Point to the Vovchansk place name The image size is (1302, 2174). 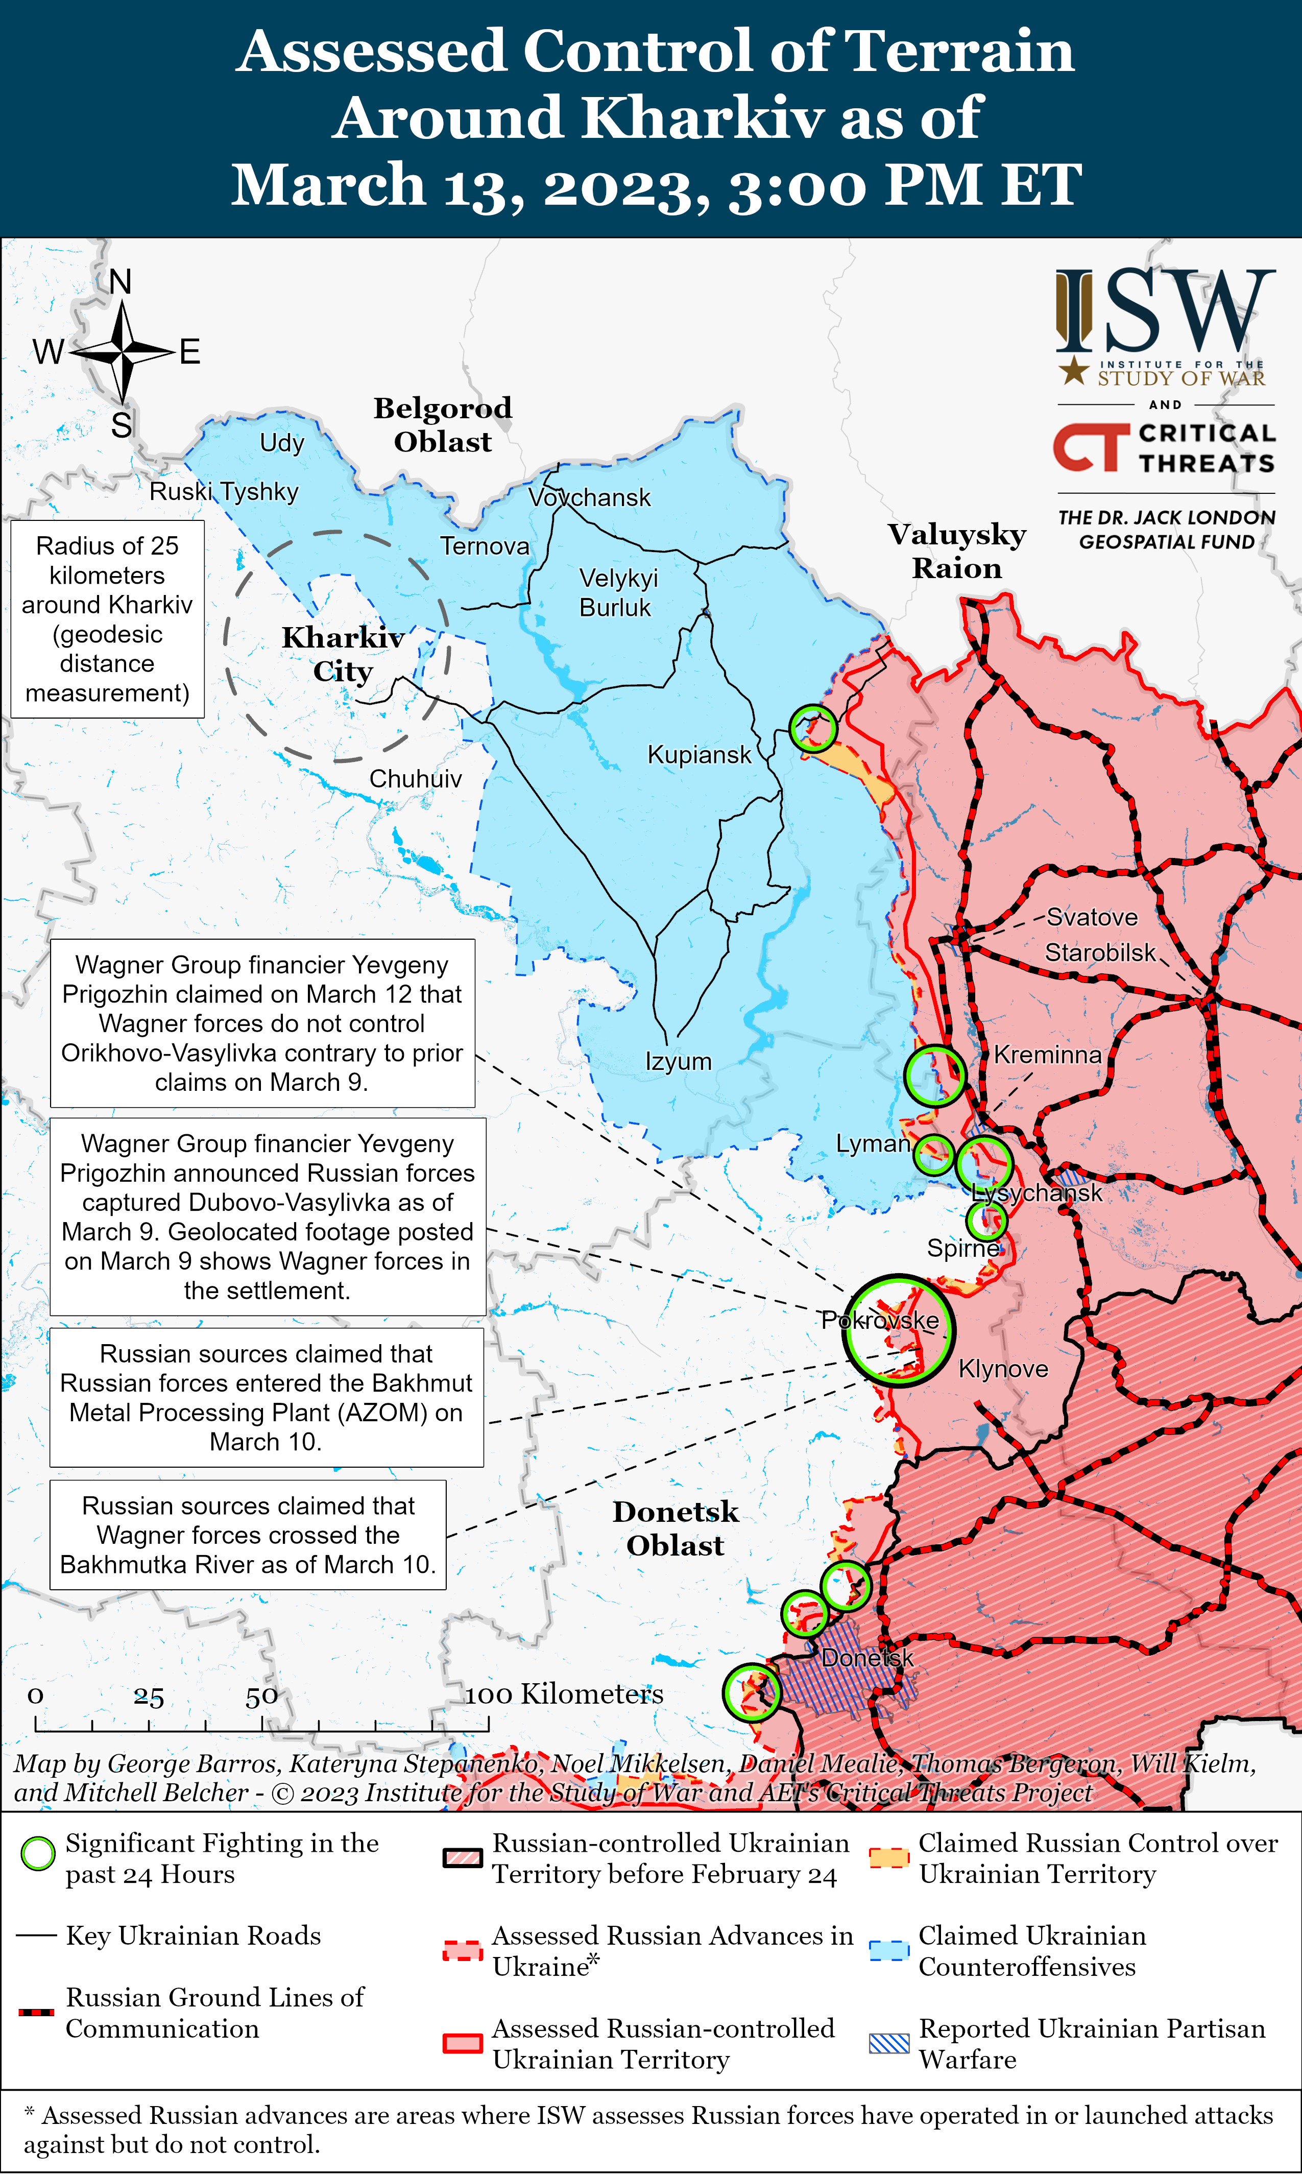click(590, 497)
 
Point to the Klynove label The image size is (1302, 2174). click(1003, 1369)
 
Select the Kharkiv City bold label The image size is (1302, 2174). click(342, 654)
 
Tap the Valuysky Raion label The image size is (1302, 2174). click(956, 551)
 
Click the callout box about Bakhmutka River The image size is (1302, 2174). click(248, 1535)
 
